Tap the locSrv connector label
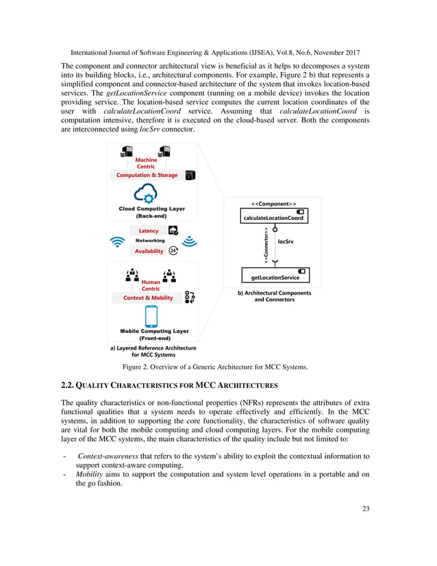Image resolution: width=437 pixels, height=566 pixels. point(286,241)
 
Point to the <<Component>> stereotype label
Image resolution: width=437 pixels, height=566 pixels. point(273,204)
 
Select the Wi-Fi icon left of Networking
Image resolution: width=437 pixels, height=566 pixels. point(117,242)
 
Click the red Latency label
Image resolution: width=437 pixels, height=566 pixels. point(149,231)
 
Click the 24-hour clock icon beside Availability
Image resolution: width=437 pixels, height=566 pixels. point(174,251)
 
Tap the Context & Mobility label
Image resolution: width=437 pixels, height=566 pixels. point(148,298)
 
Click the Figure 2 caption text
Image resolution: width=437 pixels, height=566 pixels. point(218,367)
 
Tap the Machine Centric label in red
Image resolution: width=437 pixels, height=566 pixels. point(146,163)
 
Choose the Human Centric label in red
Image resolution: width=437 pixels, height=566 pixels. point(151,285)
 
